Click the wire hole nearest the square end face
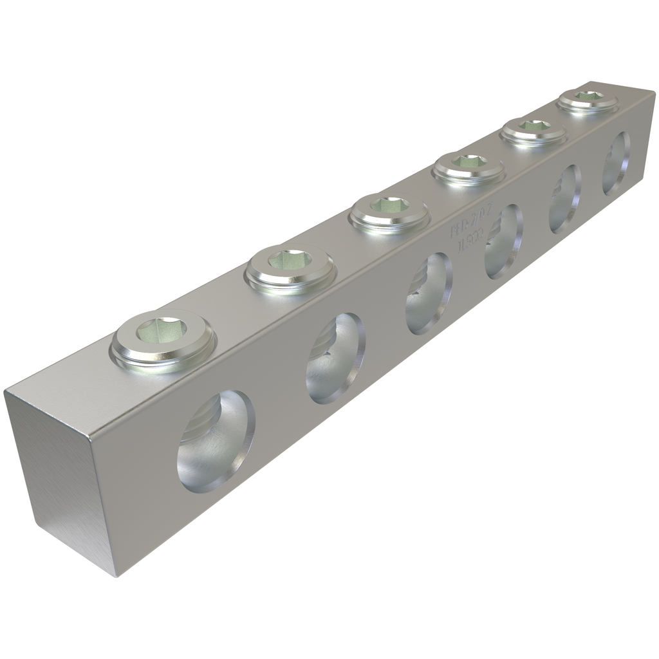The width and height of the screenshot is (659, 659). (x=216, y=440)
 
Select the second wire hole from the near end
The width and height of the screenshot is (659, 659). (x=336, y=358)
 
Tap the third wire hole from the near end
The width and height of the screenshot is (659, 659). (x=429, y=293)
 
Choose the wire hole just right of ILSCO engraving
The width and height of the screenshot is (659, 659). (x=503, y=241)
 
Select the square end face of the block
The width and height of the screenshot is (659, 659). (x=61, y=473)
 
